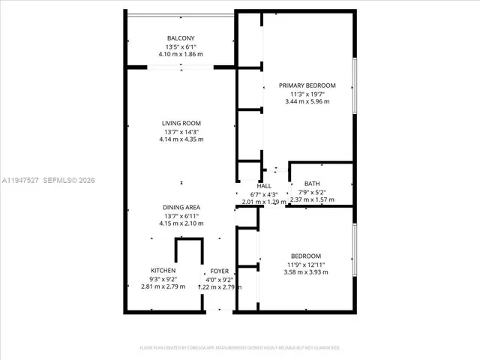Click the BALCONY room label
(x=181, y=38)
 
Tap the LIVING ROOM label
(x=181, y=123)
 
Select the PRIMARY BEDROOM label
(x=307, y=85)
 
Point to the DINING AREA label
(x=181, y=207)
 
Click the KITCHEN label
(x=163, y=271)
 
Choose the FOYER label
(x=219, y=271)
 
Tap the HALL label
(x=264, y=185)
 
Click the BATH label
(x=311, y=184)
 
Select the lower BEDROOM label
(x=306, y=256)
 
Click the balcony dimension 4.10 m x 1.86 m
(x=181, y=55)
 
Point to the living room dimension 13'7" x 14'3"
(x=181, y=131)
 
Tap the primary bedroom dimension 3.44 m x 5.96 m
(x=307, y=102)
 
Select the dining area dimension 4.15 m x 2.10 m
(x=181, y=223)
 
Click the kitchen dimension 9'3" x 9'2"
(x=163, y=279)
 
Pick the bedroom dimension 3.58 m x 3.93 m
(x=306, y=272)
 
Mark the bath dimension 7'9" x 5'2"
(x=311, y=192)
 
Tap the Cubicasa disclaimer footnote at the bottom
(x=240, y=348)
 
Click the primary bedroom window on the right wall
(x=354, y=85)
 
